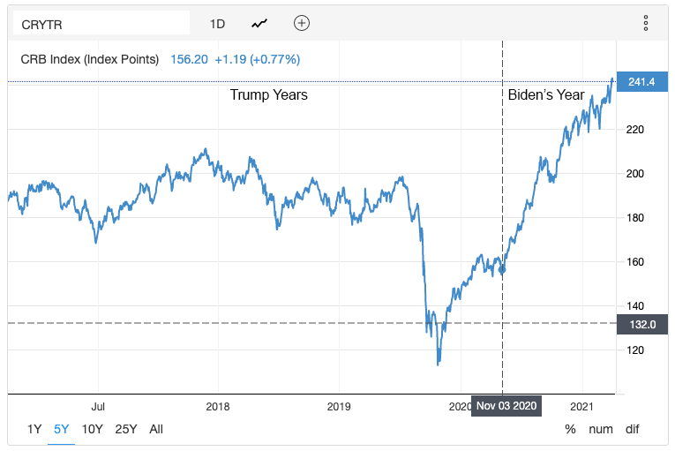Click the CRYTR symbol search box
tap(101, 24)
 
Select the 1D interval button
tap(217, 24)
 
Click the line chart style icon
tap(259, 24)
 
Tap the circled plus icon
tap(302, 24)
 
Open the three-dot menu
tap(646, 24)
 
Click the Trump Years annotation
tap(268, 94)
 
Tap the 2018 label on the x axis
tap(217, 407)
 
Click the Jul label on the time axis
tap(98, 407)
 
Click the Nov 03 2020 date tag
tap(506, 407)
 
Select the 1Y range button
tap(34, 430)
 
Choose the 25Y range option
tap(126, 430)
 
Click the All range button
tap(156, 430)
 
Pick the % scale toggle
tap(570, 430)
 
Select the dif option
tap(633, 430)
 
